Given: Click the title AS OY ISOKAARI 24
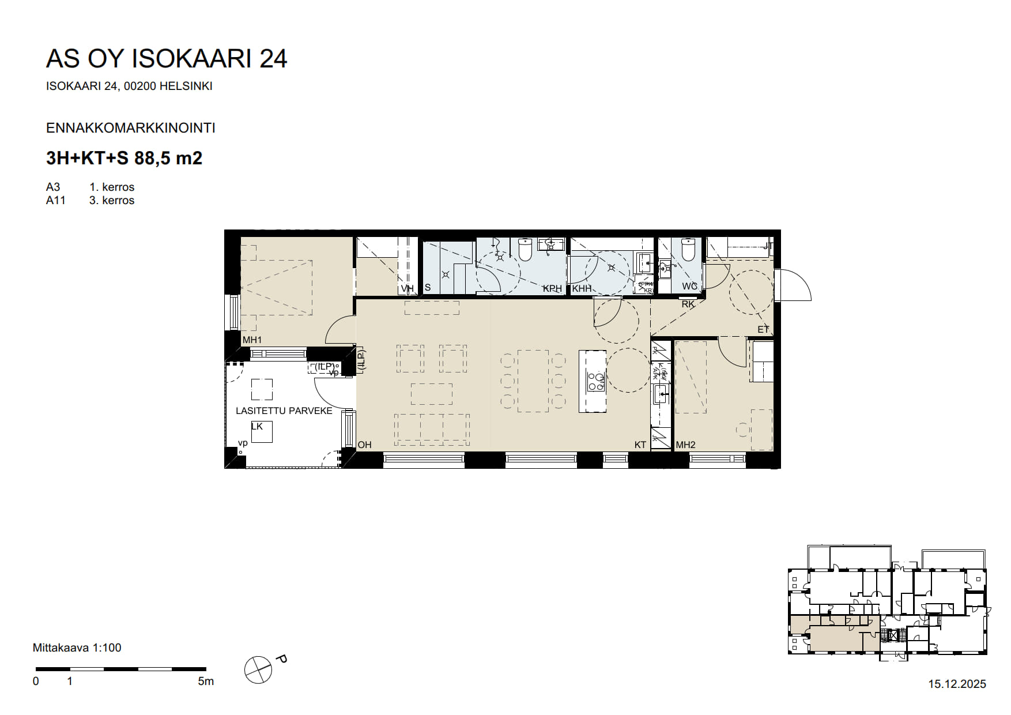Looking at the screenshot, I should coord(166,59).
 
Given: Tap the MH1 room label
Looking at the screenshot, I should coord(252,340).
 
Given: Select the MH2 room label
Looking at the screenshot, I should coord(685,445).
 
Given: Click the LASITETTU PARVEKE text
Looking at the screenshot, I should coord(284,411).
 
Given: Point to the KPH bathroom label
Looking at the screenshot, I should coord(552,288).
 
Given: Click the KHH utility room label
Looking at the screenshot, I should coord(582,288).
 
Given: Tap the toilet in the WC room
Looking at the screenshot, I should coord(688,250).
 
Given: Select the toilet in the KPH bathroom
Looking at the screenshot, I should coord(525,250).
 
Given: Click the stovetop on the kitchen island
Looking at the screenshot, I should coord(595,382).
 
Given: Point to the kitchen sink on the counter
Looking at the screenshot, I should coord(660,394).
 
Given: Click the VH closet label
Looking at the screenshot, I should coord(407,288).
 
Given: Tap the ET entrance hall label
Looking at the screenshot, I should coord(763,330).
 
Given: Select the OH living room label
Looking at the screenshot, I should coord(364,445).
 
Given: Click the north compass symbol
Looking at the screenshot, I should coord(258,670).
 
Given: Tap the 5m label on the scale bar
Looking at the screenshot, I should coord(205,682).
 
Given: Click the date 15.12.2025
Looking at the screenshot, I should coord(957,684).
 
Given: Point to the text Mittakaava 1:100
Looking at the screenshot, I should coord(77,648).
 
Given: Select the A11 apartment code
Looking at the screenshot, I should coord(55,200).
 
